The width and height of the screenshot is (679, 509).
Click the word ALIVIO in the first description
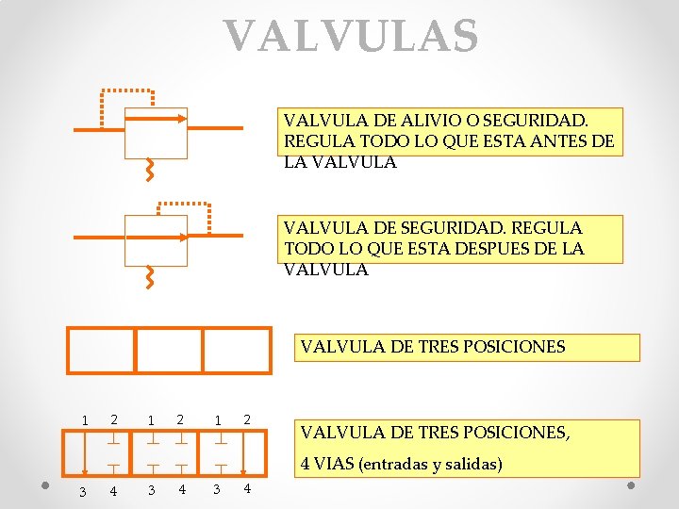429,122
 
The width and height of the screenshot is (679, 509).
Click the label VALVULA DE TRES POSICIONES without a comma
433,346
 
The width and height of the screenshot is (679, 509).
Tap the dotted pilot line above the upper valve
127,90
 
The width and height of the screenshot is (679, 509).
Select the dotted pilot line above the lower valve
183,204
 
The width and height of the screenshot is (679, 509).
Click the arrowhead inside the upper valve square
181,119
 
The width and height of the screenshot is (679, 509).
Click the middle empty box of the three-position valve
170,350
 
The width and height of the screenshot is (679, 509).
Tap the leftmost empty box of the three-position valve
102,350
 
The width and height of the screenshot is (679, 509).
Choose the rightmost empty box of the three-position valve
237,350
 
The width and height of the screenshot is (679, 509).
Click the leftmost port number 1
84,420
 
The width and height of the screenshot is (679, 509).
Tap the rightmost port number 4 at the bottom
247,489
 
